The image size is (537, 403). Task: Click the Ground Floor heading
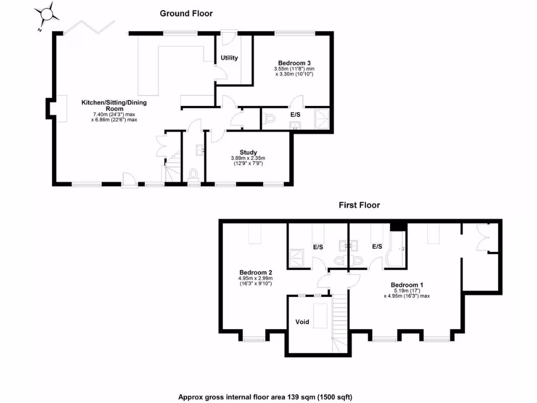(x=186, y=13)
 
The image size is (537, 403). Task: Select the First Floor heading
(x=359, y=205)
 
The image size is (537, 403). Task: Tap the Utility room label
(x=229, y=58)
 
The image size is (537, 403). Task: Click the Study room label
(x=249, y=152)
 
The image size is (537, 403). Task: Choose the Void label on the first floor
(x=303, y=322)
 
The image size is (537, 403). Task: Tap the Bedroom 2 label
(x=255, y=272)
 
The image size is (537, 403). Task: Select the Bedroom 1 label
(x=406, y=285)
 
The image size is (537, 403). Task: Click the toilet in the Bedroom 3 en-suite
(x=270, y=120)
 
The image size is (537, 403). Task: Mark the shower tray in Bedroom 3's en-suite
(x=321, y=119)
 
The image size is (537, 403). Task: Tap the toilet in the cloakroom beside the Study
(x=193, y=174)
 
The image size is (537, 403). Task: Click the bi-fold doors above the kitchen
(x=89, y=27)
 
